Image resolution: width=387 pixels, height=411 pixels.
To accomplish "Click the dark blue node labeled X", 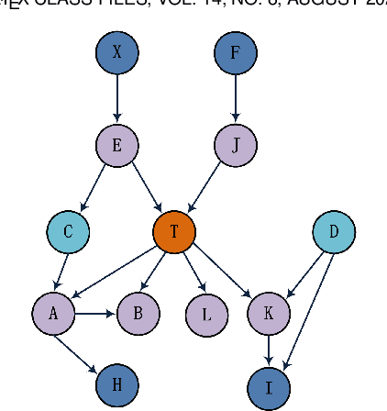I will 116,53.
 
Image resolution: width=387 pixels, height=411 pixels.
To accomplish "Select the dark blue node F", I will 236,53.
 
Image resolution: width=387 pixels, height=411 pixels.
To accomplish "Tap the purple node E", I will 116,145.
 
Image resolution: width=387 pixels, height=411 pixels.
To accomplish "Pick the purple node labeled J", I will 236,145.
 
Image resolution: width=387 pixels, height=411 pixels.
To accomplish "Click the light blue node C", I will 68,232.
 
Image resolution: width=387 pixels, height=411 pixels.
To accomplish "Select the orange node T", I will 174,232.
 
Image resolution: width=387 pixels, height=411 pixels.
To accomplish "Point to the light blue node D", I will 334,232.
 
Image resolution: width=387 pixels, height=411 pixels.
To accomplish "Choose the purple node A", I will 53,314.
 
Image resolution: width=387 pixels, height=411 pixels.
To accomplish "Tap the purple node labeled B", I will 138,314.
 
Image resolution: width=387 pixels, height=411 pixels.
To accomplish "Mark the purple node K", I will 268,314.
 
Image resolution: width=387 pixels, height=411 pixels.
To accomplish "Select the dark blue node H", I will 116,385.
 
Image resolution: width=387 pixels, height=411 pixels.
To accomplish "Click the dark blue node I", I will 269,387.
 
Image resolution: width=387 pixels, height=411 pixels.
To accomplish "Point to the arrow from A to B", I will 95,314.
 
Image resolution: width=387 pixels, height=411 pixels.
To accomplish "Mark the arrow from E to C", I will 94,186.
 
